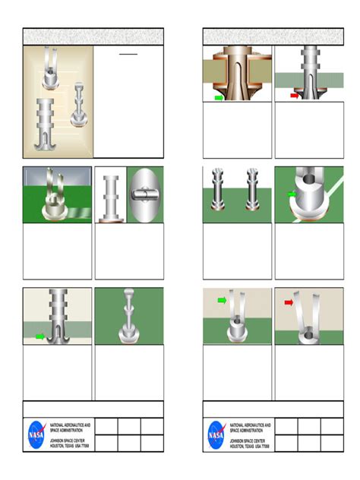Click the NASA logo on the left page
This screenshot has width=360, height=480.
coord(36,434)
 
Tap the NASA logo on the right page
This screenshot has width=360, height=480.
coord(216,434)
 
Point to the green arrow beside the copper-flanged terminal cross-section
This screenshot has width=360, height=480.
coord(219,98)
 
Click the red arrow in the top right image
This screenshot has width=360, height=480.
coord(295,96)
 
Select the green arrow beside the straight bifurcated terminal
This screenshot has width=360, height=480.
coord(222,301)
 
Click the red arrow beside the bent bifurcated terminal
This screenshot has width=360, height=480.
coord(289,302)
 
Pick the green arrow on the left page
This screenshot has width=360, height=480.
coord(39,336)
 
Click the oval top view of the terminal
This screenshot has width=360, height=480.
coord(144,195)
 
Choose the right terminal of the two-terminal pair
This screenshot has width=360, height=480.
coord(252,189)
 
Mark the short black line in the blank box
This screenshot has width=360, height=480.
coord(128,55)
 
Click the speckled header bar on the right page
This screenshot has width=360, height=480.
coord(273,36)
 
